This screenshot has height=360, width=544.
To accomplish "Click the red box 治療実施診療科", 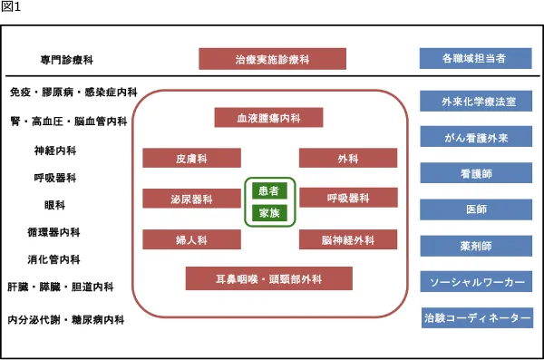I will (272, 59).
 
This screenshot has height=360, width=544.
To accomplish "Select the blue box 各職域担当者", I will (475, 59).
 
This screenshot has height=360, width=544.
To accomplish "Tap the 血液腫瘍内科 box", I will (268, 118).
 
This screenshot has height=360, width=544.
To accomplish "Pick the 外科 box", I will (348, 159).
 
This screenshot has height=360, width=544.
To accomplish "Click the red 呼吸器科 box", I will (348, 198).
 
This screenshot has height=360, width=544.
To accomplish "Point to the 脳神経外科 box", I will (348, 239).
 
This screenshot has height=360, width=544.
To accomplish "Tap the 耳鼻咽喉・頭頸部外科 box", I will (268, 278).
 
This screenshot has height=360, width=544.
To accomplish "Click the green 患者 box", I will (268, 191).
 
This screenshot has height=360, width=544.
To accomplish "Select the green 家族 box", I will (268, 214).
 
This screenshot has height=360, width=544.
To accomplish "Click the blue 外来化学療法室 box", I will (475, 101).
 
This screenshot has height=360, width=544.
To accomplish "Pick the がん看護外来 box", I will (475, 137).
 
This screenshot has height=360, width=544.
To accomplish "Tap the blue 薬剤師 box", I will (475, 246).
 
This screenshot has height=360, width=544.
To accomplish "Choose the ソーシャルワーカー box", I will (475, 282).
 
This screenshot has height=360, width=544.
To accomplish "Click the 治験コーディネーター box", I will (475, 318).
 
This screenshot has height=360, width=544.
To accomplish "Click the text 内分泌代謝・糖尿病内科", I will (65, 320).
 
